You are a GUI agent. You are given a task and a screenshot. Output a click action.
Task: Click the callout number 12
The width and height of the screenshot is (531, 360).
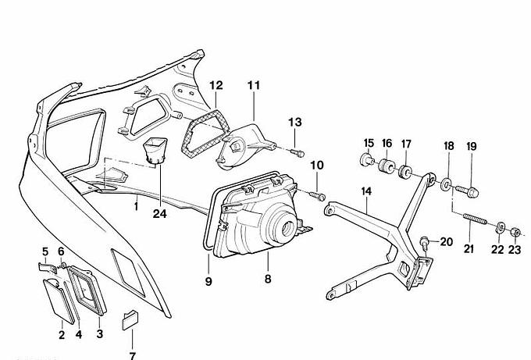pos(216,84)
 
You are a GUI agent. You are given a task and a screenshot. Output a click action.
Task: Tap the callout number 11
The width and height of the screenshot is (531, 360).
pos(254,84)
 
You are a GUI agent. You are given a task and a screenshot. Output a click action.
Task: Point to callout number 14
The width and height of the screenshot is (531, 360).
pos(367,191)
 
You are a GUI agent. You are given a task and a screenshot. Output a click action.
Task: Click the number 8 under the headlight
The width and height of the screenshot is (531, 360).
pos(268,278)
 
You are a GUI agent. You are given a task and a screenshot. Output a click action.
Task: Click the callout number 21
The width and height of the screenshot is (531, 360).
pos(469,249)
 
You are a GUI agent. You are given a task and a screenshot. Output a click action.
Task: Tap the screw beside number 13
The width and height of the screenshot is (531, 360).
pos(298,151)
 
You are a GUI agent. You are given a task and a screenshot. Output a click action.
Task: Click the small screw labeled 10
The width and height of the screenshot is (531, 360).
pos(315,193)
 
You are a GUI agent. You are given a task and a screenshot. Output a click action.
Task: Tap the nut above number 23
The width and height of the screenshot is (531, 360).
pos(515,232)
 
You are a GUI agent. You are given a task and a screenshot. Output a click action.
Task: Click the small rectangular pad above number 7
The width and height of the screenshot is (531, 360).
pos(130,320)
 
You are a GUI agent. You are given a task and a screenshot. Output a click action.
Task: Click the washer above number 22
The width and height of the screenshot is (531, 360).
pos(498,226)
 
